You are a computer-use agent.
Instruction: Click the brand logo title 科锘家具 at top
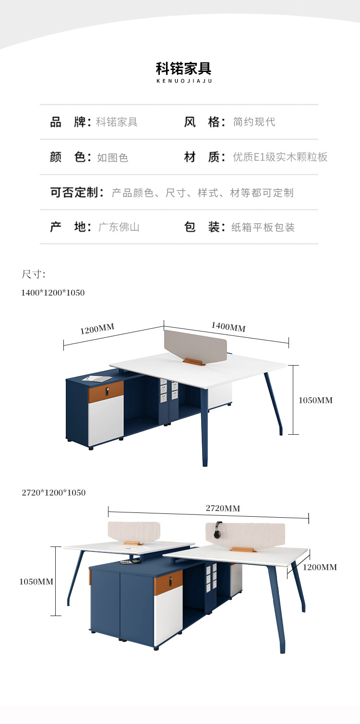pos(183,69)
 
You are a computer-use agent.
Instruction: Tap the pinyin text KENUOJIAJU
pos(184,81)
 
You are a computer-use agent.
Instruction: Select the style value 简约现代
pos(254,122)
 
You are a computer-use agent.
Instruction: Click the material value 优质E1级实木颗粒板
pos(280,157)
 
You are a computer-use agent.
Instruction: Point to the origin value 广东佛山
pos(119,227)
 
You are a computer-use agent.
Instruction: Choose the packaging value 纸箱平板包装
pos(263,227)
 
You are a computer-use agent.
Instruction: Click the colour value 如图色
pos(113,157)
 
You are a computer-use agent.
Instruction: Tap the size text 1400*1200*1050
pos(53,293)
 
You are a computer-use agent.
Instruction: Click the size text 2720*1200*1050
pos(54,492)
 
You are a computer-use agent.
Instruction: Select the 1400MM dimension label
pos(228,327)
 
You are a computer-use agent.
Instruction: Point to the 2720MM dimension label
pos(223,508)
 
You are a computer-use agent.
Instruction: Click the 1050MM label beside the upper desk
pos(315,400)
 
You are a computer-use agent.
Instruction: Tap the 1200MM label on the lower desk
pos(320,567)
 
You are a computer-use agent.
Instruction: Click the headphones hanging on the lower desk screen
pos(218,530)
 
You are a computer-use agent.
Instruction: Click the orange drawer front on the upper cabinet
pos(106,392)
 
